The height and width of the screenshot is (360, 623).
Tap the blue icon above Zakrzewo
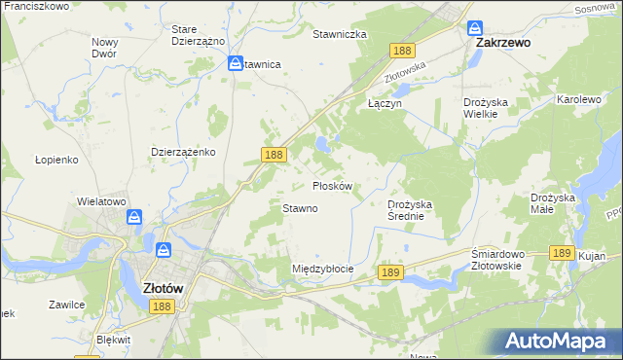(474, 28)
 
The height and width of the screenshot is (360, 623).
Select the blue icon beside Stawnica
(236, 63)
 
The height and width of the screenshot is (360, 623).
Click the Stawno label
(300, 208)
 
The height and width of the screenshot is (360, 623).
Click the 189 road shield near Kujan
(560, 252)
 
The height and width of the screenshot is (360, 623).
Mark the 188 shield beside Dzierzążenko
(274, 155)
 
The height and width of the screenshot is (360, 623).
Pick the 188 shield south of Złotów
(163, 306)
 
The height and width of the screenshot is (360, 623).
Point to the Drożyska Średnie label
(416, 210)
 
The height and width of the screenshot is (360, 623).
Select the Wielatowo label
(102, 201)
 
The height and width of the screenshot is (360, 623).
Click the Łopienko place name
(55, 159)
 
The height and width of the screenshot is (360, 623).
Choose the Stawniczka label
(339, 34)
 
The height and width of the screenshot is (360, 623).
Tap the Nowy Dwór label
(104, 48)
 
